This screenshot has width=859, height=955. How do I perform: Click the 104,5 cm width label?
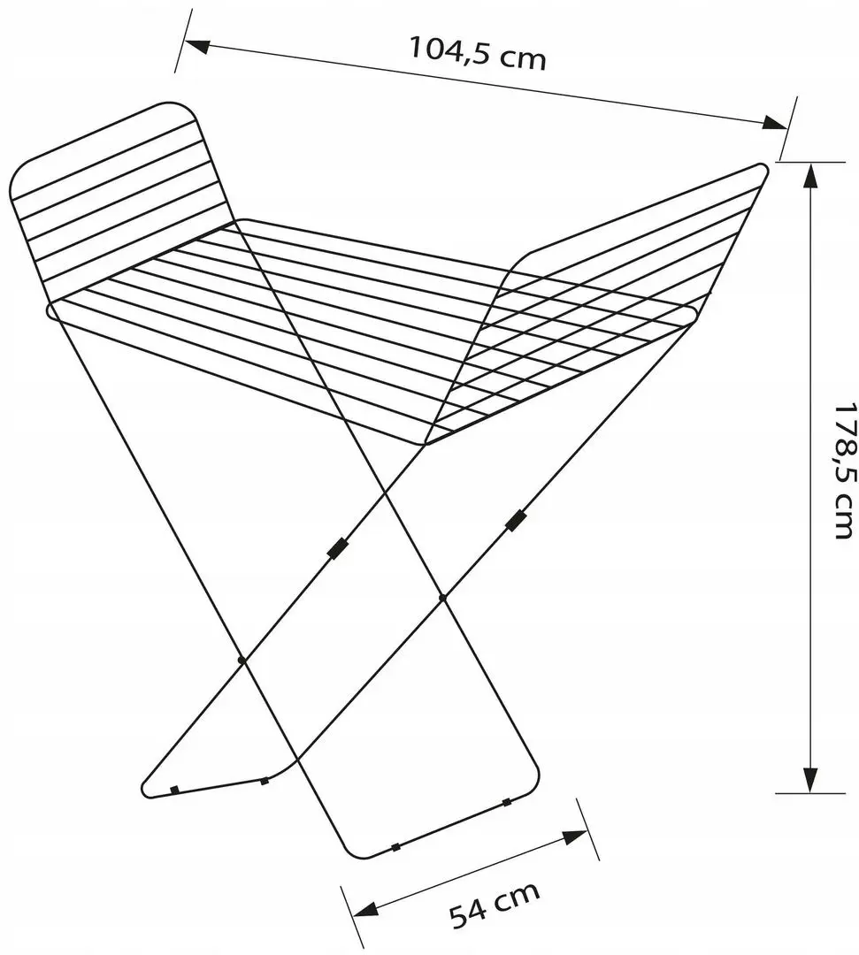(477, 53)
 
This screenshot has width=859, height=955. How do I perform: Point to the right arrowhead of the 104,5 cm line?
(775, 122)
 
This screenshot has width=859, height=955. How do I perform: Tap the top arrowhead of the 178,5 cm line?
(809, 176)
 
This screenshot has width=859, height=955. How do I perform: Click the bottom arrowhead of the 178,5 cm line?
(809, 779)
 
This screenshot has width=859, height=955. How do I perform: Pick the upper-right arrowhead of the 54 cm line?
(574, 837)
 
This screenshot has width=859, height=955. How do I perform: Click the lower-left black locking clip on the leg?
(337, 547)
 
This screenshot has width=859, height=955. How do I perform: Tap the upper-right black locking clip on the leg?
(516, 521)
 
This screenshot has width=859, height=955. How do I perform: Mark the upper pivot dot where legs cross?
(442, 598)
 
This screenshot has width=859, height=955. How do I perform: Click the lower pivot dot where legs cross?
(242, 660)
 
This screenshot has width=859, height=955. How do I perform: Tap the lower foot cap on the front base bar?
(396, 846)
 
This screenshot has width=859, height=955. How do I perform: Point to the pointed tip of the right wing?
(764, 165)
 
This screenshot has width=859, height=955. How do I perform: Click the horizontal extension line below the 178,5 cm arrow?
(809, 793)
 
